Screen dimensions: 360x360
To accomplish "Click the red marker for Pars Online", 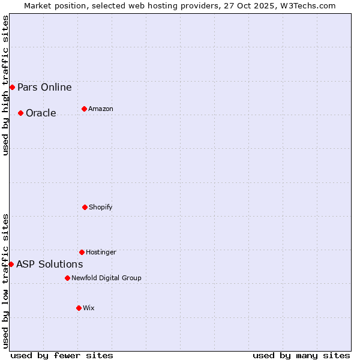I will pyautogui.click(x=12, y=87).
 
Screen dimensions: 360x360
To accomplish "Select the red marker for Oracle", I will pyautogui.click(x=20, y=113).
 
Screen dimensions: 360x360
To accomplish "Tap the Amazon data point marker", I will pyautogui.click(x=84, y=109).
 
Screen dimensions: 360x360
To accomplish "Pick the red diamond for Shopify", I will pyautogui.click(x=85, y=207).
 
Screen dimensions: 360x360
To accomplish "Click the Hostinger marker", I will pyautogui.click(x=82, y=252).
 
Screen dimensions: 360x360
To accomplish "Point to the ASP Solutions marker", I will pyautogui.click(x=11, y=264).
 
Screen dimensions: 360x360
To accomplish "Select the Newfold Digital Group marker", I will pyautogui.click(x=67, y=278).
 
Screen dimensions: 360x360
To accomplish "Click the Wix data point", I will pyautogui.click(x=79, y=308).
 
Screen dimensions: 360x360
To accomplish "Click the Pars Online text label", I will pyautogui.click(x=44, y=87).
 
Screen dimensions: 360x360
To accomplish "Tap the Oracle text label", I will pyautogui.click(x=41, y=113).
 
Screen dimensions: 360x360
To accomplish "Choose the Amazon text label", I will pyautogui.click(x=101, y=109).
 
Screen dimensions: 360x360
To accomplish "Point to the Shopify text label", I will pyautogui.click(x=101, y=207).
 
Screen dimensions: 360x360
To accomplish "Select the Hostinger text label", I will pyautogui.click(x=101, y=252).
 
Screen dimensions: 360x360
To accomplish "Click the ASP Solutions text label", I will pyautogui.click(x=49, y=264).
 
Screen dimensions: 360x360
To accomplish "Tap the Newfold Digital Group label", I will pyautogui.click(x=106, y=278).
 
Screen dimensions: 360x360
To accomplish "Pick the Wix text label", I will pyautogui.click(x=89, y=308).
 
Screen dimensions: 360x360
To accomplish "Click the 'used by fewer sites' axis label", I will pyautogui.click(x=62, y=355).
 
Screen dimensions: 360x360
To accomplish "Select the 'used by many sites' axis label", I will pyautogui.click(x=301, y=355).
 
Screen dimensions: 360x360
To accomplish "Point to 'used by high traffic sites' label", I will pyautogui.click(x=6, y=85).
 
